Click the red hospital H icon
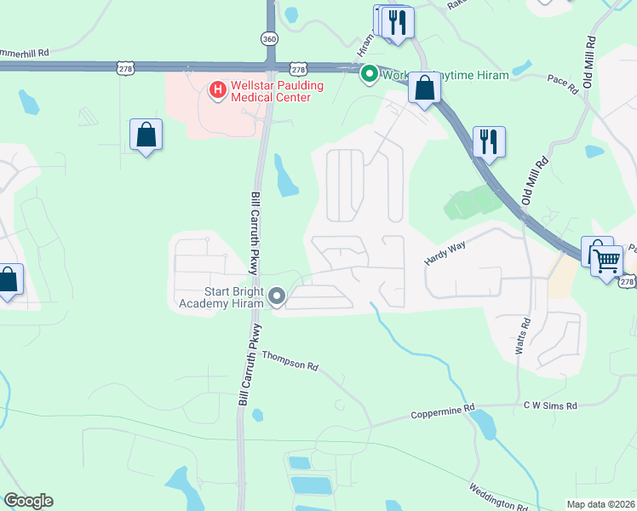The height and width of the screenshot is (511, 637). pos(217,88)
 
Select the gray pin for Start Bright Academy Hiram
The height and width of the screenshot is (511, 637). pos(277,296)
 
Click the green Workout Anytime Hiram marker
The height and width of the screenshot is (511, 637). pos(370,74)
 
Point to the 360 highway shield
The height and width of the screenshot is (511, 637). pos(269,39)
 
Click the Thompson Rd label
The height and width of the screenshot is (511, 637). pos(290,360)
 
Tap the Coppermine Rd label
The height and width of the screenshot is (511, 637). pos(442,412)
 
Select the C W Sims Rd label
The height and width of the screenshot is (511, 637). pos(550,406)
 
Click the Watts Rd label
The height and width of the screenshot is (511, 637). pos(527,336)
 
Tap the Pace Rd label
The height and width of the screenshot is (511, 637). pos(563,83)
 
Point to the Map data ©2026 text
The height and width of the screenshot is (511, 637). pos(600,504)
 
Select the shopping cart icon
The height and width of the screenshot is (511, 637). pos(606,260)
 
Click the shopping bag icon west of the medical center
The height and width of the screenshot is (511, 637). pos(146,135)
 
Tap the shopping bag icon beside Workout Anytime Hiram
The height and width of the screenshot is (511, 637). pos(424,88)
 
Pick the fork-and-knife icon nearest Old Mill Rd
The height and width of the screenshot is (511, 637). pos(489,141)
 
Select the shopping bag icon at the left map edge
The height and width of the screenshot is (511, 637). pos(8,279)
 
